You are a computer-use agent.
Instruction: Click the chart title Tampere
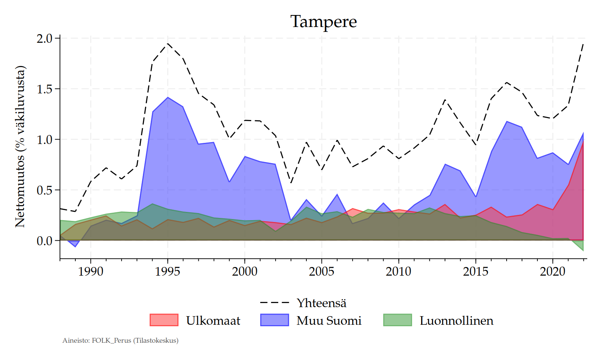pos(323,22)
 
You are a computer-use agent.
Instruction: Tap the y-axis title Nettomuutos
pos(20,147)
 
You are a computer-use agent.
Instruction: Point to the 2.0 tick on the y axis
pos(45,38)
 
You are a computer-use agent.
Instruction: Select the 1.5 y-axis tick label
pos(45,89)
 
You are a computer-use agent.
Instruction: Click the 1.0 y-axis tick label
pos(45,139)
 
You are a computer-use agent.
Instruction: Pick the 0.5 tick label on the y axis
pos(45,190)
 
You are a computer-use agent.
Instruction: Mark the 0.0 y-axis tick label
pos(45,241)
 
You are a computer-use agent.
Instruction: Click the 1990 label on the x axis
pos(90,271)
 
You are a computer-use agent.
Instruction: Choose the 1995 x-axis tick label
pos(168,271)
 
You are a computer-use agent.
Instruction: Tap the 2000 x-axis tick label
pos(244,271)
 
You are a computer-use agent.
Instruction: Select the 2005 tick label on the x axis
pos(321,271)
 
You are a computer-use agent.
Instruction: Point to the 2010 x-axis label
pos(398,271)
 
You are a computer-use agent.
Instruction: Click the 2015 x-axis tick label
pos(475,271)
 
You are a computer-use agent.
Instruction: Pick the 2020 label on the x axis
pos(552,271)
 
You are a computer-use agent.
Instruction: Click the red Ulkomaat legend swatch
pos(164,320)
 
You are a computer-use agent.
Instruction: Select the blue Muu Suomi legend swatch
pos(274,320)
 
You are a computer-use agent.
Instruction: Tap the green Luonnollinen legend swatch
pos(397,320)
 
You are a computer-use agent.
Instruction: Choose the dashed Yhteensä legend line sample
pos(274,303)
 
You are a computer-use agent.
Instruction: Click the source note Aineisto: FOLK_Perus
pos(120,340)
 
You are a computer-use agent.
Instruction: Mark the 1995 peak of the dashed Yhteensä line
pos(168,43)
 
